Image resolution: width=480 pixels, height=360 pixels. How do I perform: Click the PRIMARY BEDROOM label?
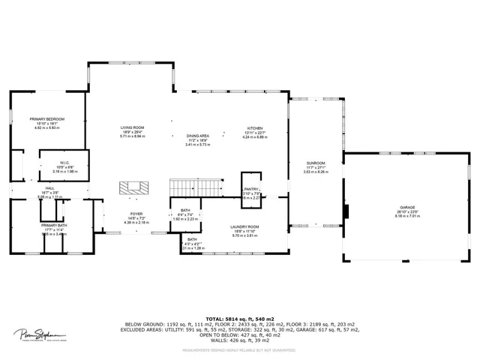tap(47, 119)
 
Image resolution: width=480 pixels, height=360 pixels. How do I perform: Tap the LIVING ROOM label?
tap(132, 127)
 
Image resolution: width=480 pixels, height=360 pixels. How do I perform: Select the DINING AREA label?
tap(198, 136)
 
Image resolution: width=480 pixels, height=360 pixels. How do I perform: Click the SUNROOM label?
tap(316, 163)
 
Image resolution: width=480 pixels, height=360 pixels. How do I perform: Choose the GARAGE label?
tap(407, 207)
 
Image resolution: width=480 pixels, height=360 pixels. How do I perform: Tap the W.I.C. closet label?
tap(65, 162)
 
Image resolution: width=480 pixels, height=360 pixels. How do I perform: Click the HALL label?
tap(49, 188)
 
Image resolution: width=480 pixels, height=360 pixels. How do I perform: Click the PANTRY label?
tap(250, 189)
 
